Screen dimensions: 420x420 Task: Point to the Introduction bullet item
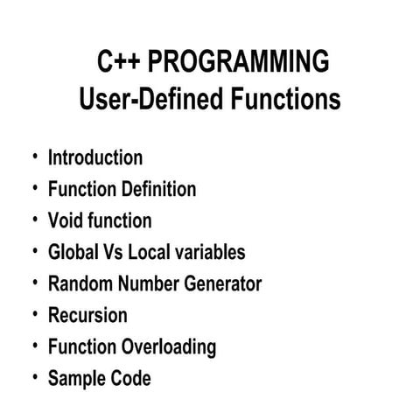[94, 158]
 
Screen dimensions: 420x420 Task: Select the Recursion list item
[87, 316]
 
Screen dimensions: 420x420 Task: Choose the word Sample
[75, 379]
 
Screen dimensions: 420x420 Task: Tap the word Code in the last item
[129, 379]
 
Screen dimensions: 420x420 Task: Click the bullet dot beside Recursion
[34, 314]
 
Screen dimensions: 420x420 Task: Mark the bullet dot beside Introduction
[34, 157]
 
